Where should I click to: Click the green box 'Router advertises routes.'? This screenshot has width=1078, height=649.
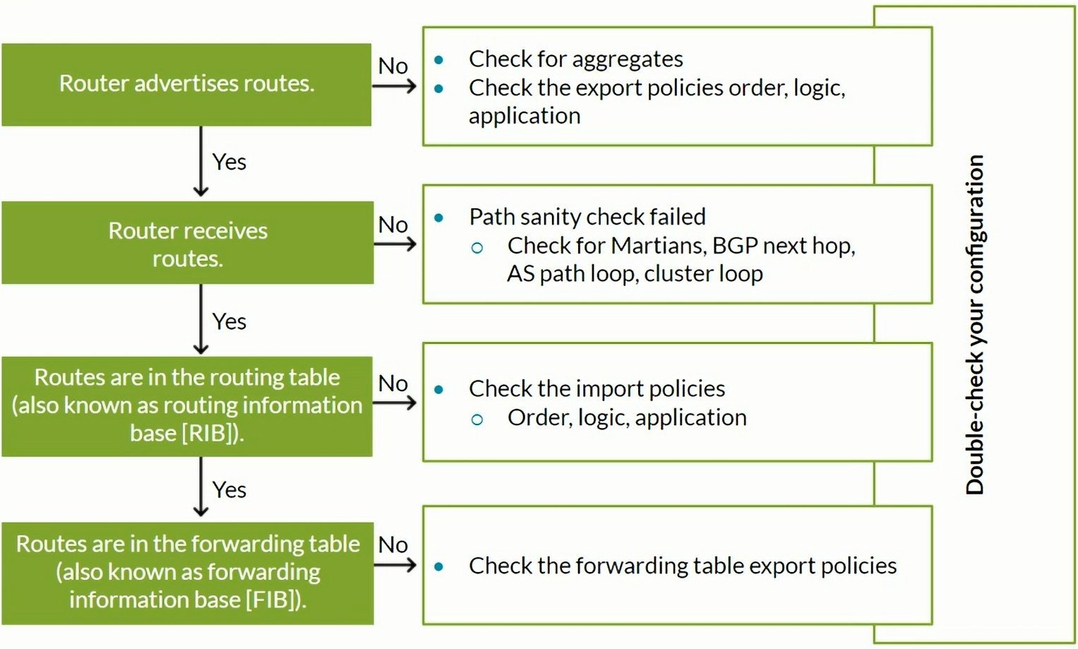[186, 85]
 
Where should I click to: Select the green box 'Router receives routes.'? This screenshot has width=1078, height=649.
[187, 243]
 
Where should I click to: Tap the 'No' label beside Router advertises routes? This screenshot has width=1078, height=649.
[393, 66]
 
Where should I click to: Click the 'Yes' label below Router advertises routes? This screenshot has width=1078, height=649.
[229, 162]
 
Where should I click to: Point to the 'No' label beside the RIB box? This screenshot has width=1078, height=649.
[393, 383]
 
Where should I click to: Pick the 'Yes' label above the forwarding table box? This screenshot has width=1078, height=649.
[229, 489]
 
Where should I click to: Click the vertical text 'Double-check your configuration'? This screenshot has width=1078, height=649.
[976, 325]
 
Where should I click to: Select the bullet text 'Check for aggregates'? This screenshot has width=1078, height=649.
[575, 59]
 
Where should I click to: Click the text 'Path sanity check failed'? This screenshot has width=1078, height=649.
[587, 217]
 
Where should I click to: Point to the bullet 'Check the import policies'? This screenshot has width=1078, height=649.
[597, 388]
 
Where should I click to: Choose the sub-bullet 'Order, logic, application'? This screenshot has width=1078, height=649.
[627, 417]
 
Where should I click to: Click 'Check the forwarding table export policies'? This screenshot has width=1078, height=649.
[683, 566]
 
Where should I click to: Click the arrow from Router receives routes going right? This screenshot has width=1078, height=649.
[395, 244]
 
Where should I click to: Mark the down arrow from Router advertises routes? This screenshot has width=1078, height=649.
[200, 161]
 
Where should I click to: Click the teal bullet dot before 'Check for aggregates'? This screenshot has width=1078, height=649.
[438, 60]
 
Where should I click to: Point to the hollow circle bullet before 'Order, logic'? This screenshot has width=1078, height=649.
[477, 419]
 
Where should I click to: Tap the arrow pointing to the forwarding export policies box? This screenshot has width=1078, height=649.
[395, 565]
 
